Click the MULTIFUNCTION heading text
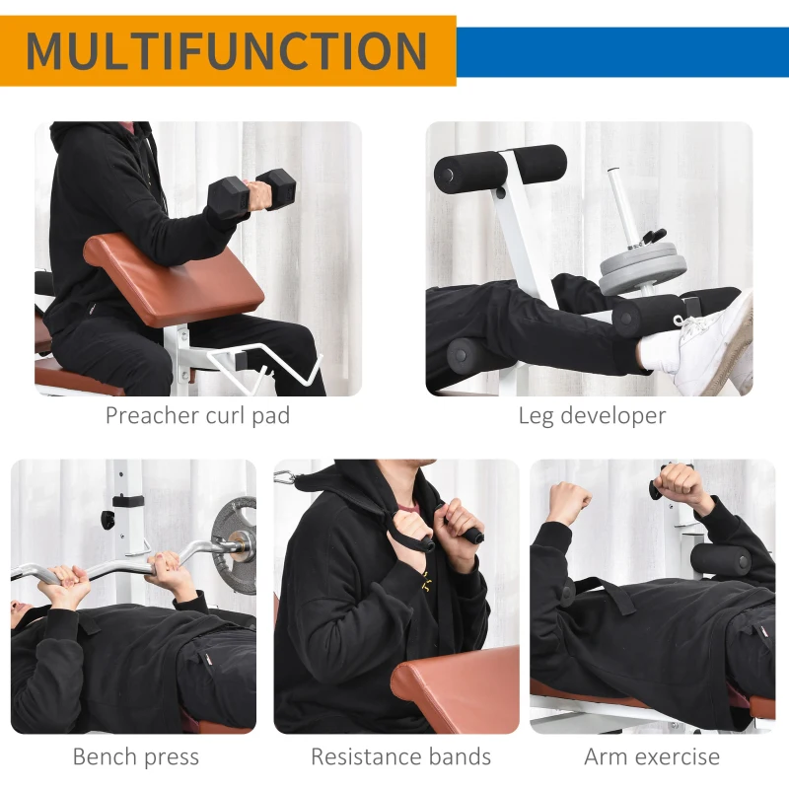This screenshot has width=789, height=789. point(227,51)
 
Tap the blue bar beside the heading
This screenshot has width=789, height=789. point(621,51)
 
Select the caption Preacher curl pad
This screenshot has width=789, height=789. point(197,415)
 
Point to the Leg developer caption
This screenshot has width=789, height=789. point(592,415)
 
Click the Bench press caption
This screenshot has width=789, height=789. point(135,757)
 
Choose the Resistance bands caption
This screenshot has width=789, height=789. point(400,757)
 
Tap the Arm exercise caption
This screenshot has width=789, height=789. point(652,757)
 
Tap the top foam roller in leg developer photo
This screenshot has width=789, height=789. point(500,167)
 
